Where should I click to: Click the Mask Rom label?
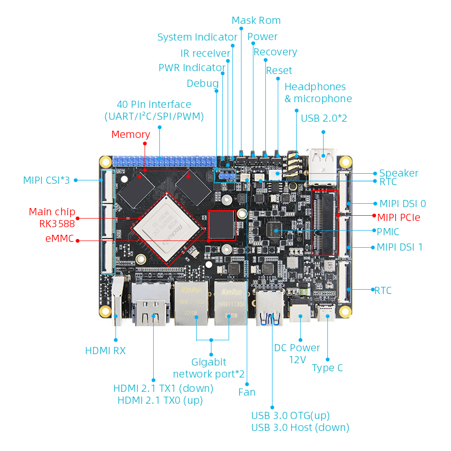point(256,21)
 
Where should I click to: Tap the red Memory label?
point(130,135)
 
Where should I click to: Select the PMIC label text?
point(388,232)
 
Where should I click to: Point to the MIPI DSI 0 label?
point(402,204)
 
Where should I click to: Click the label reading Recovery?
point(275,52)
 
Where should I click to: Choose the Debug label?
point(202,84)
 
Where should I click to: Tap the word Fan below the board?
point(247,392)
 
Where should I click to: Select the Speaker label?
point(399,173)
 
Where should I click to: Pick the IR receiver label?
point(205,53)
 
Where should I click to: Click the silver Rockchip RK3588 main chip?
point(169,229)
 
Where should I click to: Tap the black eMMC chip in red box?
point(222,225)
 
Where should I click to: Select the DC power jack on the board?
point(300,312)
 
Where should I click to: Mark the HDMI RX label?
point(105,351)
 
